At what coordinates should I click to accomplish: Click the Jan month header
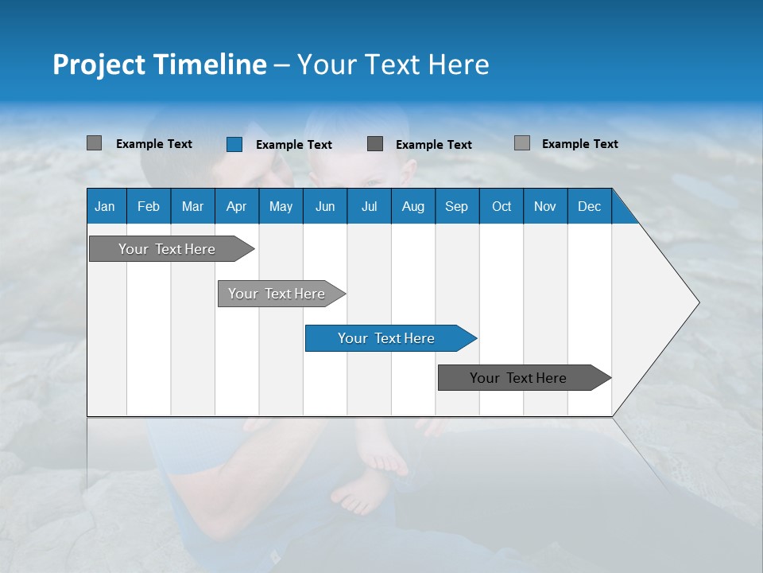pyautogui.click(x=105, y=207)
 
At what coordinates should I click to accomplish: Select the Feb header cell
pyautogui.click(x=149, y=207)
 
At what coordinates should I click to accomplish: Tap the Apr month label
pyautogui.click(x=236, y=207)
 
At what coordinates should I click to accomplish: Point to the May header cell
pyautogui.click(x=281, y=207)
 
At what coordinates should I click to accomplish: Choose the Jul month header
pyautogui.click(x=369, y=207)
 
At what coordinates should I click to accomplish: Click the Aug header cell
pyautogui.click(x=412, y=207)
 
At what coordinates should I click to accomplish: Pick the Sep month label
pyautogui.click(x=456, y=207)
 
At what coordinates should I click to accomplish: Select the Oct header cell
pyautogui.click(x=502, y=207)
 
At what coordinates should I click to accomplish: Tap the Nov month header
pyautogui.click(x=545, y=207)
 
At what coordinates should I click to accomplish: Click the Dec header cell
pyautogui.click(x=589, y=207)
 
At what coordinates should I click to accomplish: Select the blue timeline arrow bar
pyautogui.click(x=389, y=338)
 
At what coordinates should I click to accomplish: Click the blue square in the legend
pyautogui.click(x=234, y=144)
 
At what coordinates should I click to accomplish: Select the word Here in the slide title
pyautogui.click(x=459, y=64)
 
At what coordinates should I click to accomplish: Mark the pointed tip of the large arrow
pyautogui.click(x=698, y=302)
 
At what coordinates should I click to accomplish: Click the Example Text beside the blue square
pyautogui.click(x=294, y=145)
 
